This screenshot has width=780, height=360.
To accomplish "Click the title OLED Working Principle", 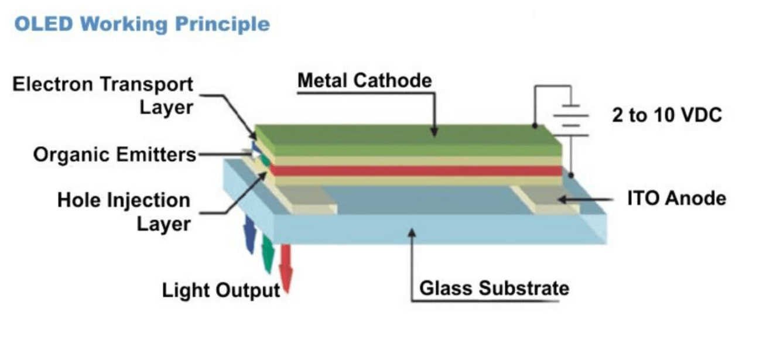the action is point(142,25).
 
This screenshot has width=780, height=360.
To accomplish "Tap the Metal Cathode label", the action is point(365,81).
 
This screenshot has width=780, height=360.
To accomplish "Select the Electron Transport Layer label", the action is point(102,96).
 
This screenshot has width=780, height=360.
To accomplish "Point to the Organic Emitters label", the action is point(115,155).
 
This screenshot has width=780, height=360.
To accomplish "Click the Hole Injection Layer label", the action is point(124,212).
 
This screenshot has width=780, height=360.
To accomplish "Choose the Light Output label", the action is point(221,290).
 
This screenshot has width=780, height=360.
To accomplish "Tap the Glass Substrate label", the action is point(494,289).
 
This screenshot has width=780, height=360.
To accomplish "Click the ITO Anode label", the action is point(676,198).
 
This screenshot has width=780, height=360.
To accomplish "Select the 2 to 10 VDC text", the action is point(667,115).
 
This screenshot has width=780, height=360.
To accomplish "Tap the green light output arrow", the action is point(268,254).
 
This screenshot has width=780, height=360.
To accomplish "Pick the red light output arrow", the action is point(286,268).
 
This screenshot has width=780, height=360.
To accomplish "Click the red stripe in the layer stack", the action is point(416,171).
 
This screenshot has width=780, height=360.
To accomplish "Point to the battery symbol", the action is point(571,120).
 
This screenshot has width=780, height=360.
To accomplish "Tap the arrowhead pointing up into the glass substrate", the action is point(412,233).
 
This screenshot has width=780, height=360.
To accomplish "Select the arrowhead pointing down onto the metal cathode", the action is point(434,132).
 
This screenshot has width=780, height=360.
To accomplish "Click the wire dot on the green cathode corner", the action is point(535,126).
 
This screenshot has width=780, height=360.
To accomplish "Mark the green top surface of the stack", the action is point(408,133).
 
